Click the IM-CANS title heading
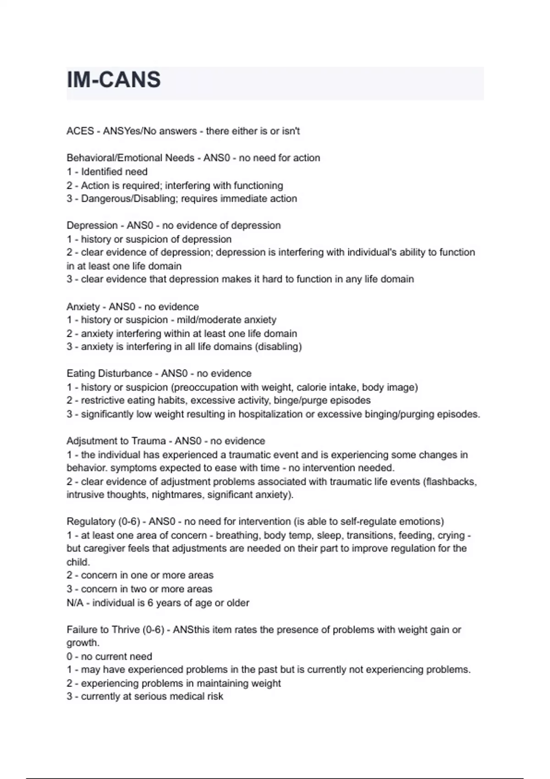click(114, 80)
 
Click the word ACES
click(80, 131)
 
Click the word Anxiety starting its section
click(83, 307)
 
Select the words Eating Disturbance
click(109, 373)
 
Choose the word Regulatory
click(91, 521)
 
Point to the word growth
click(82, 643)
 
